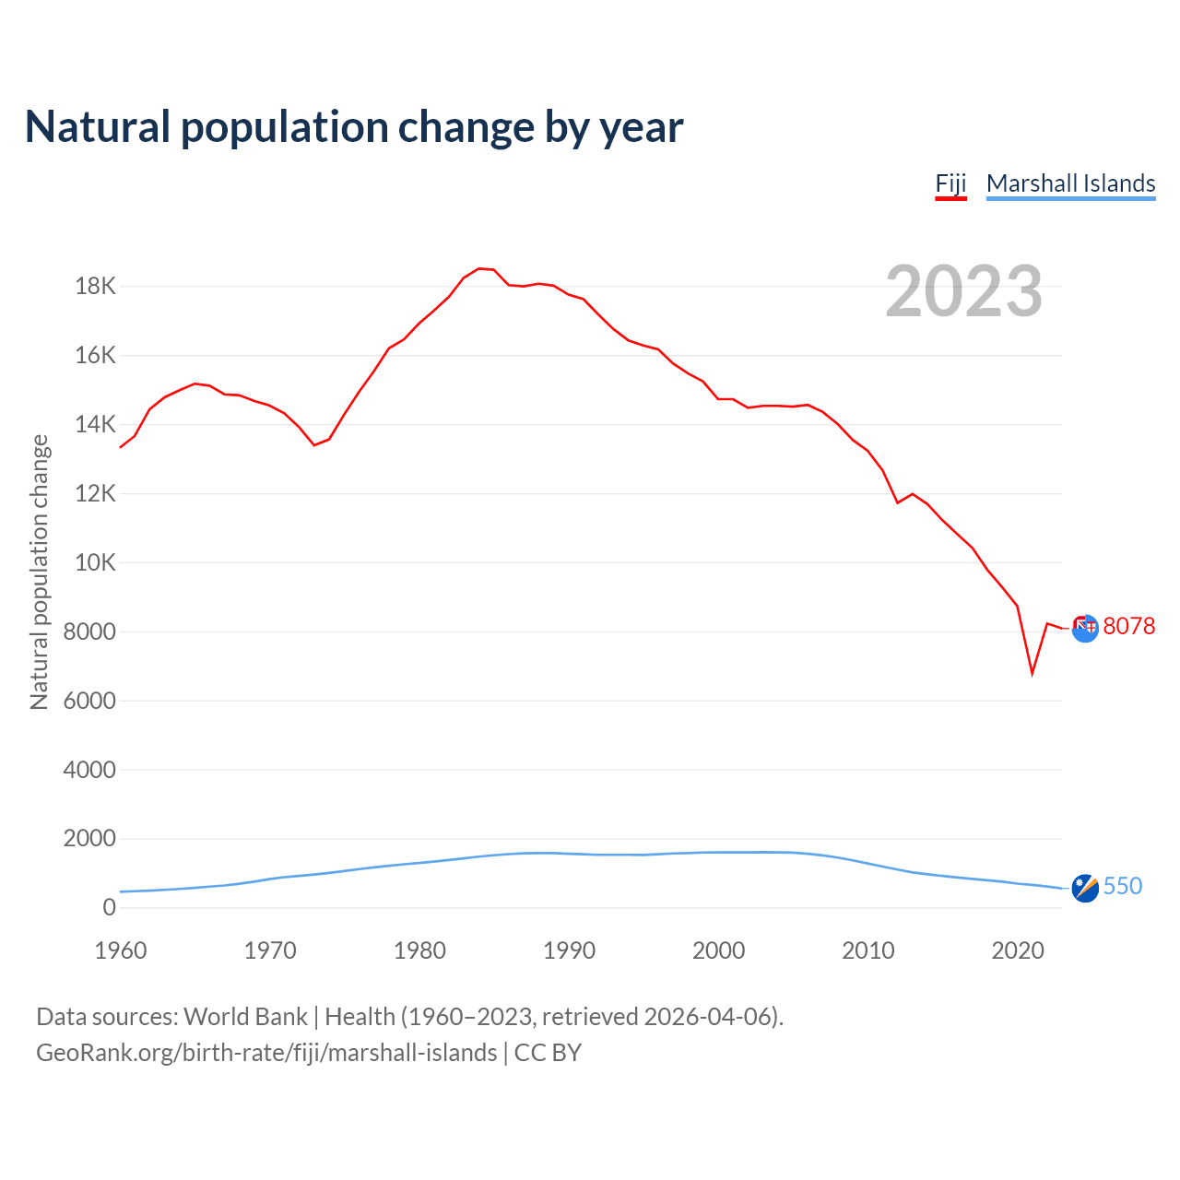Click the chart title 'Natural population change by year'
354,127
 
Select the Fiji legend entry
950,183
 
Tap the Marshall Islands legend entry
1070,183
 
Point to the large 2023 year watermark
963,291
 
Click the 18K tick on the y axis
95,287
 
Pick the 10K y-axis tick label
95,562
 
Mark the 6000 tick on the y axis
89,701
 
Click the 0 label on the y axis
110,907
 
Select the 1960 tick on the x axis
121,950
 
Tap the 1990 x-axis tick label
569,950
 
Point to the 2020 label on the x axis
1017,950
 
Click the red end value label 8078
1128,627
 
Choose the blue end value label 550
1122,886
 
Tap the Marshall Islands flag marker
1085,888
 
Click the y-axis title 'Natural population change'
39,572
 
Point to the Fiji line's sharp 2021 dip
1032,673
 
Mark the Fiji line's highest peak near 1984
479,268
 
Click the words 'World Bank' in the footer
245,1017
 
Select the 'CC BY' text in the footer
548,1053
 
